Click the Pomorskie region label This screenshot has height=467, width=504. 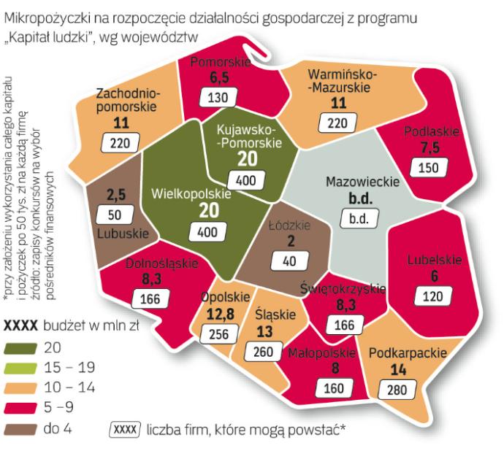(x=220, y=63)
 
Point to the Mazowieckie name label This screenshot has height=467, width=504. (x=362, y=182)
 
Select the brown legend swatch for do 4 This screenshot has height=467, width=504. (x=19, y=431)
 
